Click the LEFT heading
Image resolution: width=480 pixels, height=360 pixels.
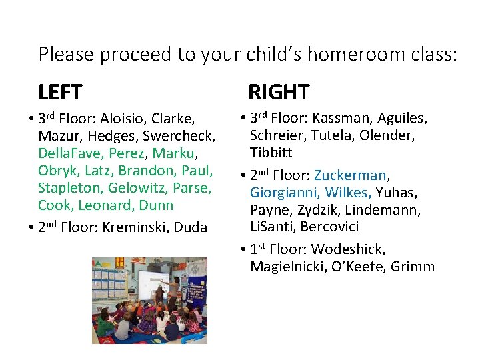click(61, 91)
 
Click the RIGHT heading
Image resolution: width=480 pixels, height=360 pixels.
click(279, 91)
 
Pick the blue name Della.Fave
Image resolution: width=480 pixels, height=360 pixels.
click(66, 153)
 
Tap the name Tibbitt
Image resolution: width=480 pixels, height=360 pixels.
click(272, 153)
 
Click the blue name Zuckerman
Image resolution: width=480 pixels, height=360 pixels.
click(350, 176)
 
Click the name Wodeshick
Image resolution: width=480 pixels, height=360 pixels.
click(347, 250)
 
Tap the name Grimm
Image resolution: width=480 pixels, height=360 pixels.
click(413, 267)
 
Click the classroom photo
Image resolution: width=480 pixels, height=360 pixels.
click(150, 300)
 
